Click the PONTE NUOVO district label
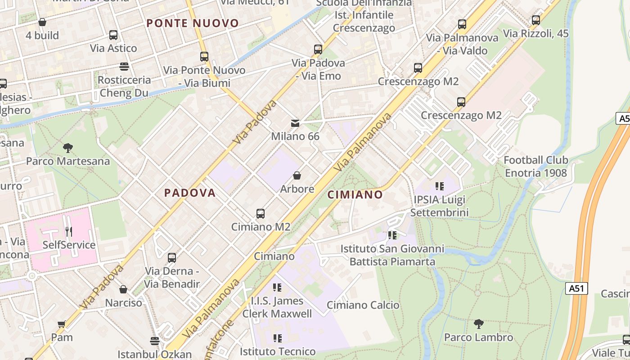(x=193, y=23)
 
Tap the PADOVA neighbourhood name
(x=190, y=193)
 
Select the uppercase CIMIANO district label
(x=355, y=195)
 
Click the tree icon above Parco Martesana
(x=68, y=148)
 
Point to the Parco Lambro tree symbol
(x=479, y=324)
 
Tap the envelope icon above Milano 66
(x=295, y=123)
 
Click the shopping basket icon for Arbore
(x=297, y=175)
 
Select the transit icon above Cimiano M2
(x=261, y=213)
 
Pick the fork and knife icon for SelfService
(x=69, y=232)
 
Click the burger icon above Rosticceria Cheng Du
(x=124, y=67)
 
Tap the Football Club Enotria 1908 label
(x=535, y=166)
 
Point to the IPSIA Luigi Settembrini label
(x=440, y=206)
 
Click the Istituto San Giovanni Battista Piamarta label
(x=392, y=255)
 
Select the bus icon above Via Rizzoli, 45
(x=536, y=20)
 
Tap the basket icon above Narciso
(x=123, y=289)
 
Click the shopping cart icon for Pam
(x=62, y=324)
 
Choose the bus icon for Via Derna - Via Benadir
(x=172, y=258)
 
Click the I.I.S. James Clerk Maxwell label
(x=277, y=307)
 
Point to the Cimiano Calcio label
(x=363, y=305)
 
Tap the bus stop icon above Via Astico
(x=113, y=35)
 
